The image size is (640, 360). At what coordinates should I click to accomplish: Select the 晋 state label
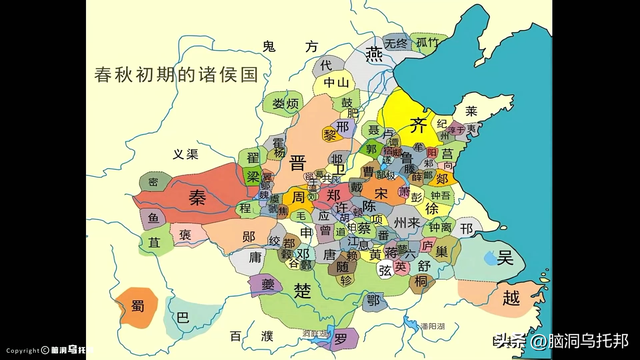[298, 163]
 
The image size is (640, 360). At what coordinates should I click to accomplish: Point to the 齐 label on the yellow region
[420, 124]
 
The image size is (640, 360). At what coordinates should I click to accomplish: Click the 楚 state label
[303, 289]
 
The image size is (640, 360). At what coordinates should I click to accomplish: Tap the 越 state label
[511, 297]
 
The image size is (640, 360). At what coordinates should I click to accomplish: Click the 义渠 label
[185, 154]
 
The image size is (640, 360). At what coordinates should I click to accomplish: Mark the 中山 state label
[336, 83]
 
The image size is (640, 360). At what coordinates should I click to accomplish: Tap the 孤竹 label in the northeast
[428, 42]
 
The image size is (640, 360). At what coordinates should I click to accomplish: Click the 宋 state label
[380, 191]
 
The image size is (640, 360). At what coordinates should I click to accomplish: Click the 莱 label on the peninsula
[471, 111]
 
